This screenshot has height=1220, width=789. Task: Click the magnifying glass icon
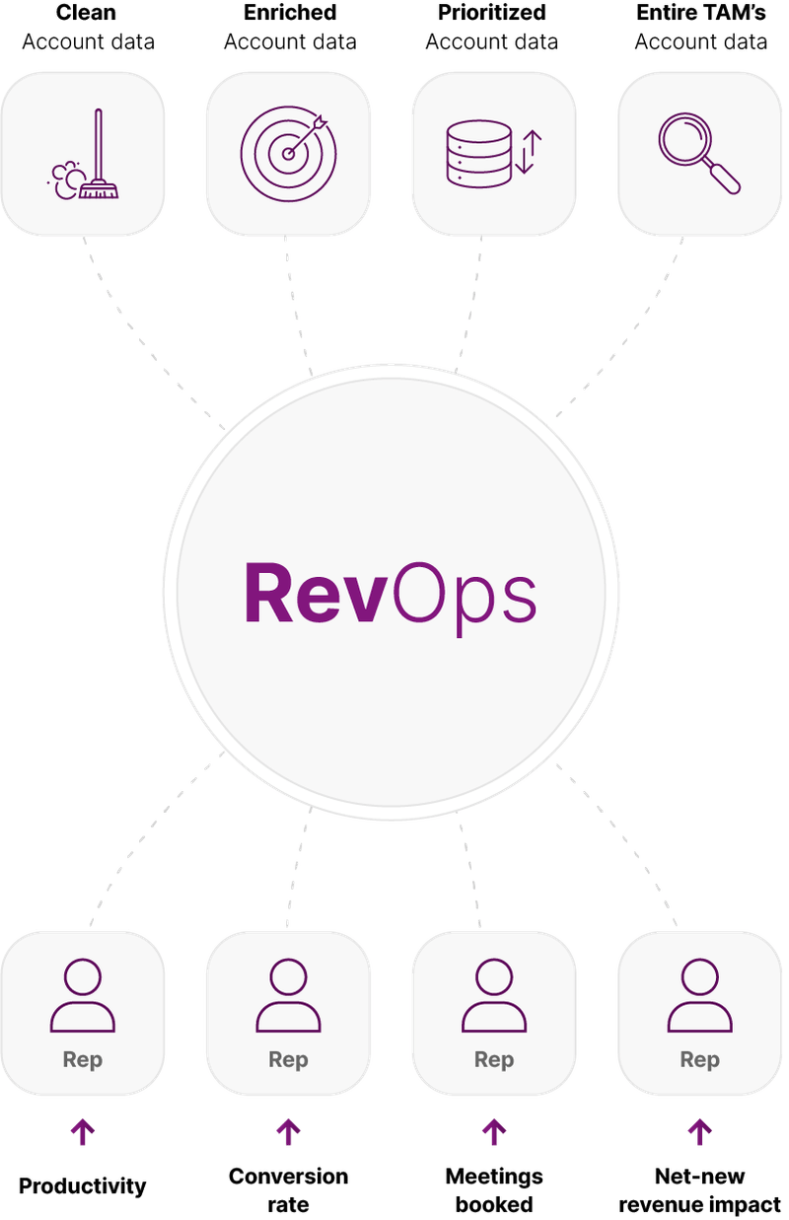pyautogui.click(x=699, y=154)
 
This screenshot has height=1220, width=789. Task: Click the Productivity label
pyautogui.click(x=83, y=1184)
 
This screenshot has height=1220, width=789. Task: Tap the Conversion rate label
pyautogui.click(x=288, y=1189)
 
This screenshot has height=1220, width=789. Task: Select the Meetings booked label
pyautogui.click(x=493, y=1189)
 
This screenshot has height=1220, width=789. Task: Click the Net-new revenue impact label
pyautogui.click(x=699, y=1189)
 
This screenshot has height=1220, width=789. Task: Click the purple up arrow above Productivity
pyautogui.click(x=83, y=1132)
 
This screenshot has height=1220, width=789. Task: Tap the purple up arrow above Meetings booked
pyautogui.click(x=493, y=1132)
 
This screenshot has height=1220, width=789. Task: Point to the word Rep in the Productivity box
pyautogui.click(x=83, y=1060)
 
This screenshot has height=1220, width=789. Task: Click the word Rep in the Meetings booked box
pyautogui.click(x=493, y=1060)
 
